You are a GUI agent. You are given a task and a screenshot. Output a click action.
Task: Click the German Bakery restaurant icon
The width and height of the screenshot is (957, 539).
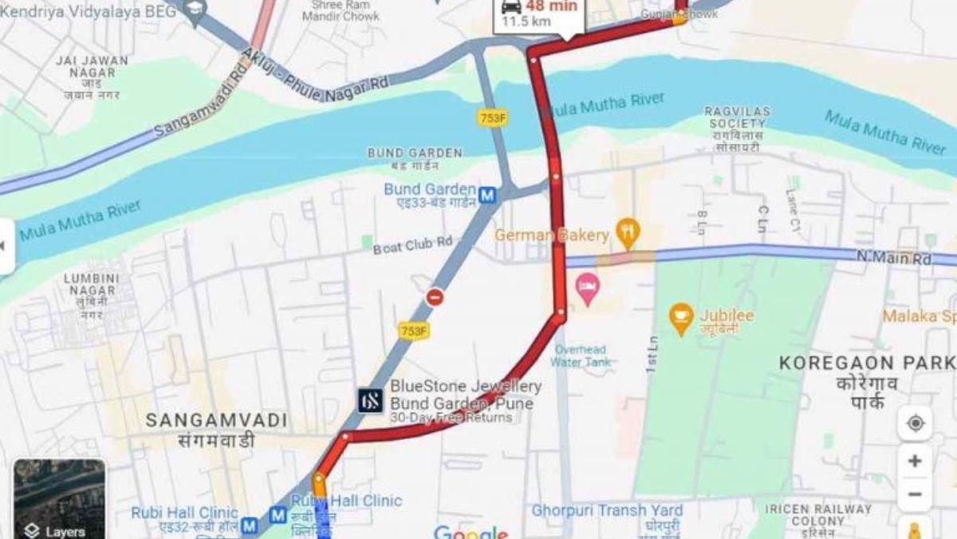[x=628, y=232]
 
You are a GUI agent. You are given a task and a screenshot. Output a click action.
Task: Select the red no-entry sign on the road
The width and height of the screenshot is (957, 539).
[x=435, y=298]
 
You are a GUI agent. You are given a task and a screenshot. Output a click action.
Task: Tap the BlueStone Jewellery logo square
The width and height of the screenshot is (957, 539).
[x=370, y=400]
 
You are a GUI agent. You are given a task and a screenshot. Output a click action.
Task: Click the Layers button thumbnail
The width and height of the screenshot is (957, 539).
[x=59, y=499]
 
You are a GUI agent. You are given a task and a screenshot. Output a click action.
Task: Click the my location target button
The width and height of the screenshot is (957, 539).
[x=915, y=423]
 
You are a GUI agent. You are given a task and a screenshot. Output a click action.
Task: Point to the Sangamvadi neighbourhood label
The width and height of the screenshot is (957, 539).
[x=199, y=420]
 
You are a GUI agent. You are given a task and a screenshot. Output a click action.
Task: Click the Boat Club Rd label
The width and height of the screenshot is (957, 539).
[x=412, y=245]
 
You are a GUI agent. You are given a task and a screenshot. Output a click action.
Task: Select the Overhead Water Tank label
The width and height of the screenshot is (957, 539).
[x=580, y=355]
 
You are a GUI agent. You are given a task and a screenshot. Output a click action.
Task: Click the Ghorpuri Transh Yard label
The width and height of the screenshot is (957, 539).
[x=607, y=510]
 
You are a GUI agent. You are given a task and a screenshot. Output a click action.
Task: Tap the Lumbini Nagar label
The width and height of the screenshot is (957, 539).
[x=92, y=284]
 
